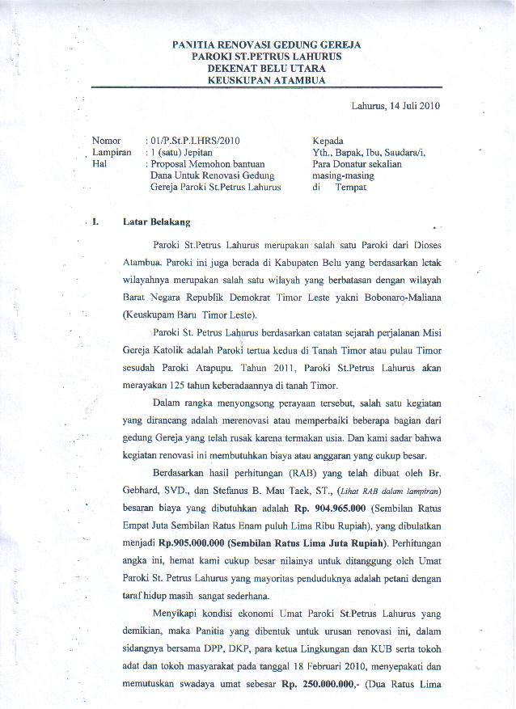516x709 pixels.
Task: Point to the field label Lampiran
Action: coord(111,152)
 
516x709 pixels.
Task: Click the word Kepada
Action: coord(328,141)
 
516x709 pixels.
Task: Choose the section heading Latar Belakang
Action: coord(157,221)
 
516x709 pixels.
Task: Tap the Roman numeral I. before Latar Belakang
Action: coord(96,221)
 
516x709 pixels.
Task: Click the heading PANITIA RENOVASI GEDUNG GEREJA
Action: coord(267,44)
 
